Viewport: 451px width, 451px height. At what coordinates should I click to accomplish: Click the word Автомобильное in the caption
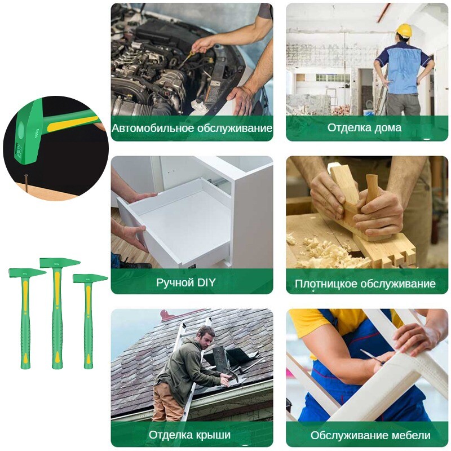152,129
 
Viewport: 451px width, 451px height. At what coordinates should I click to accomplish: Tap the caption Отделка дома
364,127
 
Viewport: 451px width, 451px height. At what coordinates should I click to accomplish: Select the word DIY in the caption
206,282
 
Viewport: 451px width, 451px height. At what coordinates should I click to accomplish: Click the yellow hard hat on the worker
404,30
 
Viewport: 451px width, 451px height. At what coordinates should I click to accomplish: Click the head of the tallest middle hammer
60,263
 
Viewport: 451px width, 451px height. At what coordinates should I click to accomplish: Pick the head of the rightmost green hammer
90,278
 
